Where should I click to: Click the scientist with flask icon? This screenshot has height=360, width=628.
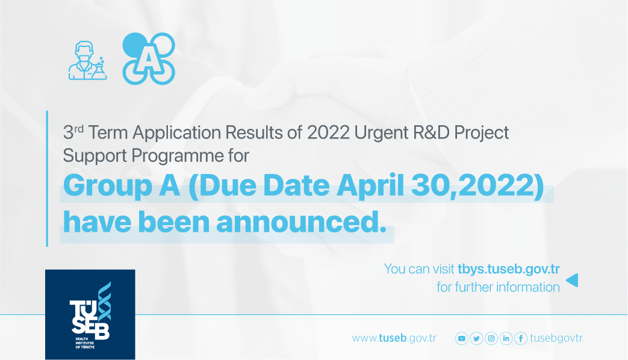click(x=87, y=60)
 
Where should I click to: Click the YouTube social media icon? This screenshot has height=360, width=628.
click(x=461, y=338)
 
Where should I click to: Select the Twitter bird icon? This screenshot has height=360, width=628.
click(x=476, y=338)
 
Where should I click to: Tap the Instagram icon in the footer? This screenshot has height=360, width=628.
click(x=491, y=338)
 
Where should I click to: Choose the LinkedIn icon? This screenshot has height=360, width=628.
click(x=506, y=338)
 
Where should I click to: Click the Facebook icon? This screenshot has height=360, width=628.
click(x=521, y=338)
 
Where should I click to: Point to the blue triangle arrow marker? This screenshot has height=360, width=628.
click(x=573, y=280)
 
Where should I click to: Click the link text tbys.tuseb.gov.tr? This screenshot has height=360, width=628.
click(x=509, y=269)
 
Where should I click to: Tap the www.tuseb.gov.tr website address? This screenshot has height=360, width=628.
click(x=394, y=338)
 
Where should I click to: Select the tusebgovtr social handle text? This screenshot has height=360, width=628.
click(x=556, y=338)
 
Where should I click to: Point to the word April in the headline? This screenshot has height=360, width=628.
click(x=370, y=186)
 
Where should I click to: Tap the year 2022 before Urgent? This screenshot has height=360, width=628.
click(x=328, y=132)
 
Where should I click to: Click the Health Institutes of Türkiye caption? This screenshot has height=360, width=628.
click(x=85, y=343)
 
